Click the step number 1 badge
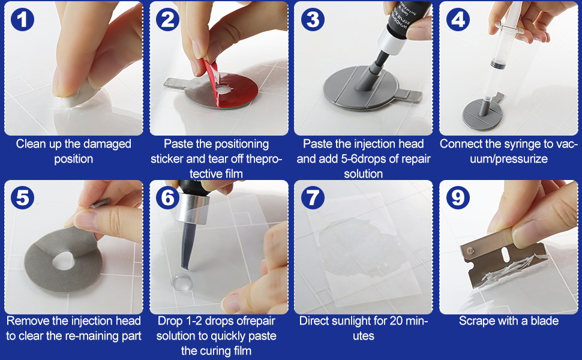tap(22, 20)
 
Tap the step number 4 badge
tap(458, 20)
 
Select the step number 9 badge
tap(458, 197)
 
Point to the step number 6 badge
tap(167, 197)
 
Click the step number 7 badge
tap(313, 197)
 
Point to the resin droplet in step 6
tap(182, 282)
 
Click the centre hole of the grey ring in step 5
tap(64, 260)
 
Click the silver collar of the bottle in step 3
tap(392, 41)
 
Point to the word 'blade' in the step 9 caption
tap(545, 320)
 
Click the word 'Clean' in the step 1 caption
tap(29, 143)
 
